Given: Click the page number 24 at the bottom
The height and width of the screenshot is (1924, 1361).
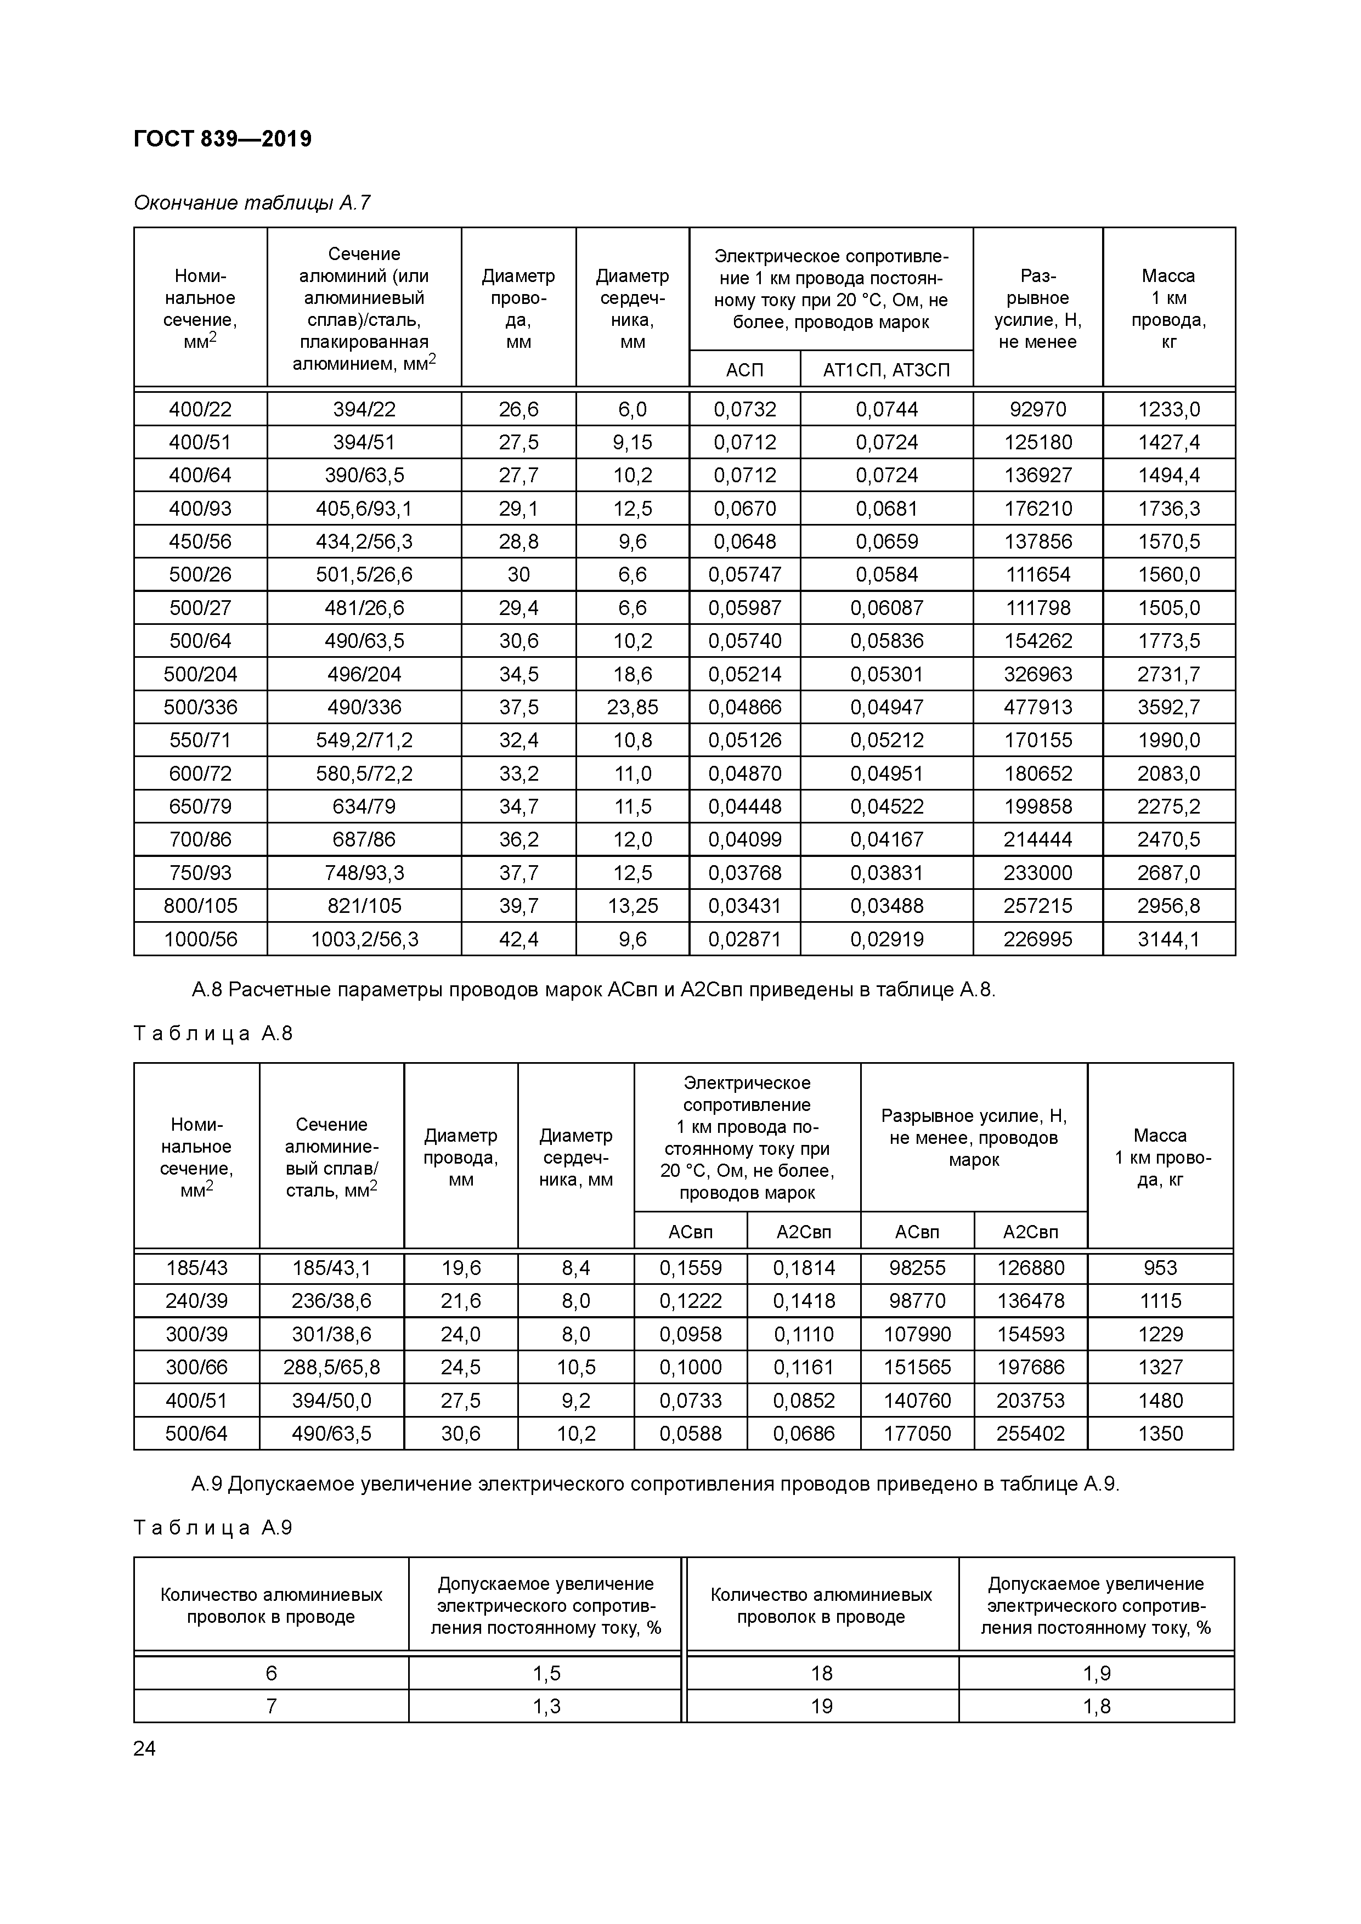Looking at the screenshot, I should pyautogui.click(x=144, y=1748).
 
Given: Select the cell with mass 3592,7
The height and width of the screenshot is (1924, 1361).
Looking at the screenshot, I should pyautogui.click(x=1168, y=707).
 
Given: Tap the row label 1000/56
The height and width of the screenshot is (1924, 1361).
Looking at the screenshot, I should pyautogui.click(x=200, y=939).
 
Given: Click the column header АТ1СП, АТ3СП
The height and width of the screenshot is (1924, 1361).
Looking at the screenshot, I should pyautogui.click(x=886, y=370).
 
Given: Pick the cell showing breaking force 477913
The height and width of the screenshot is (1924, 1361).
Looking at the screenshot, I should pyautogui.click(x=1037, y=707).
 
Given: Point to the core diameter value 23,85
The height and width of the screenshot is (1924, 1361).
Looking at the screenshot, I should pyautogui.click(x=632, y=707).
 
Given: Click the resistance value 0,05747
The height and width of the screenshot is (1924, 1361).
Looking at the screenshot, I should pyautogui.click(x=744, y=575).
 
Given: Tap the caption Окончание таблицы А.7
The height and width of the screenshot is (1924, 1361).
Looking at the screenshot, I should pyautogui.click(x=251, y=203).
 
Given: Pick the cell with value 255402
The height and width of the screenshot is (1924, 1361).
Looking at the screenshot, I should pyautogui.click(x=1030, y=1434).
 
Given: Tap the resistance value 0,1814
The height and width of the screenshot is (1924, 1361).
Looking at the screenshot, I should pyautogui.click(x=804, y=1268).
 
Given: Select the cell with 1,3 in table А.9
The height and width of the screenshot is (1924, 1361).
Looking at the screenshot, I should pyautogui.click(x=546, y=1706).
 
